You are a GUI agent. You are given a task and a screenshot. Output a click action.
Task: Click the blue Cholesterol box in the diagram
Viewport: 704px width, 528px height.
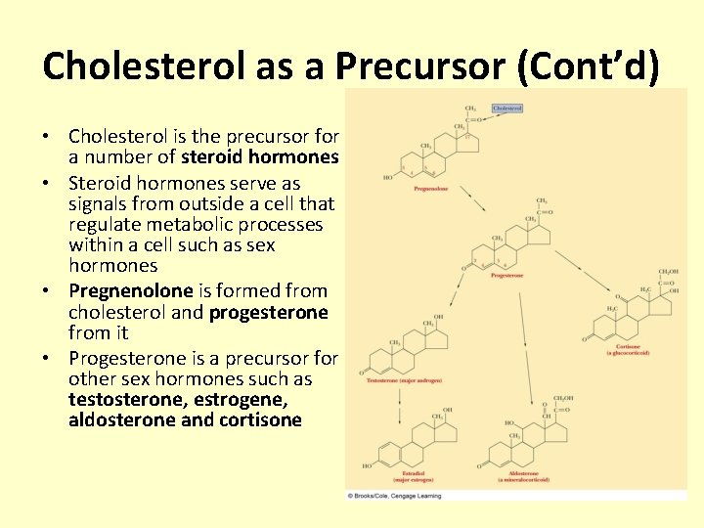pos(506,109)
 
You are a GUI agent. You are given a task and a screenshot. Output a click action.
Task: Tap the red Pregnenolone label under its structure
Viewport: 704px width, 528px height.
pos(431,188)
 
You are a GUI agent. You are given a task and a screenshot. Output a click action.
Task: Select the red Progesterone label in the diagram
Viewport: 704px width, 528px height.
pos(506,276)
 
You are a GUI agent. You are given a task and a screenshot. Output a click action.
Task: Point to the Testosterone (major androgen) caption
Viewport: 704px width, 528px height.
pos(404,377)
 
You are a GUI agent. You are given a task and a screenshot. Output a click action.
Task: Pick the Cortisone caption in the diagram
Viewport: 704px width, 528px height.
pos(629,348)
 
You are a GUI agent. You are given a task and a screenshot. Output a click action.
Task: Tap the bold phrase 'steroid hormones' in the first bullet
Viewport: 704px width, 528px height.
pos(260,156)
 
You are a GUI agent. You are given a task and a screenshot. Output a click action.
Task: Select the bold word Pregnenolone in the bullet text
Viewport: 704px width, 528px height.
pos(130,290)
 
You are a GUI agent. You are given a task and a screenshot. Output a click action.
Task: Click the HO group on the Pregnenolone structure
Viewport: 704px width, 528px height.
pos(389,177)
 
